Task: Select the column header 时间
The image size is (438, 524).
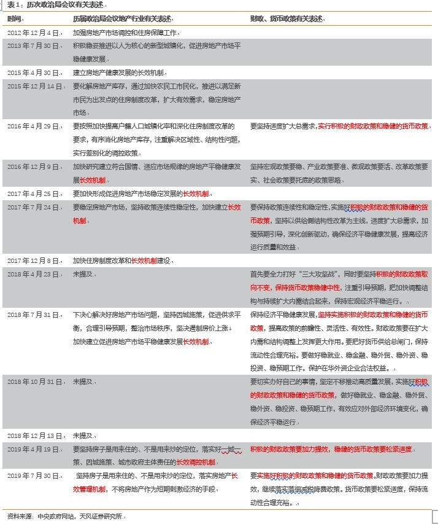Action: [14, 19]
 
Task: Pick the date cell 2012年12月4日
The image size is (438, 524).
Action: [34, 33]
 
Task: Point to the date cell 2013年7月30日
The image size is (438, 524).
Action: [34, 46]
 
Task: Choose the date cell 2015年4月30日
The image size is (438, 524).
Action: [34, 72]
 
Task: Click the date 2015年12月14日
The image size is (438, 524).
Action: [35, 86]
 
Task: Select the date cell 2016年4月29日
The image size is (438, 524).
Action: [34, 126]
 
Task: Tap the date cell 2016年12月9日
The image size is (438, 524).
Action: [34, 166]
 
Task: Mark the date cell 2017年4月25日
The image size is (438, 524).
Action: [34, 194]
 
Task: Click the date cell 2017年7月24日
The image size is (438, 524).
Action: [34, 207]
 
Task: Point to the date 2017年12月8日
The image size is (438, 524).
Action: [34, 260]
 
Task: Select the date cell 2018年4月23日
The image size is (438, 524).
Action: [34, 274]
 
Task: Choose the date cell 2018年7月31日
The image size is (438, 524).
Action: [34, 314]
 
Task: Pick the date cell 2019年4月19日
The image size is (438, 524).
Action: [34, 449]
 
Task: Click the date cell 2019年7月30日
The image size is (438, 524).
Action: [34, 475]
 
